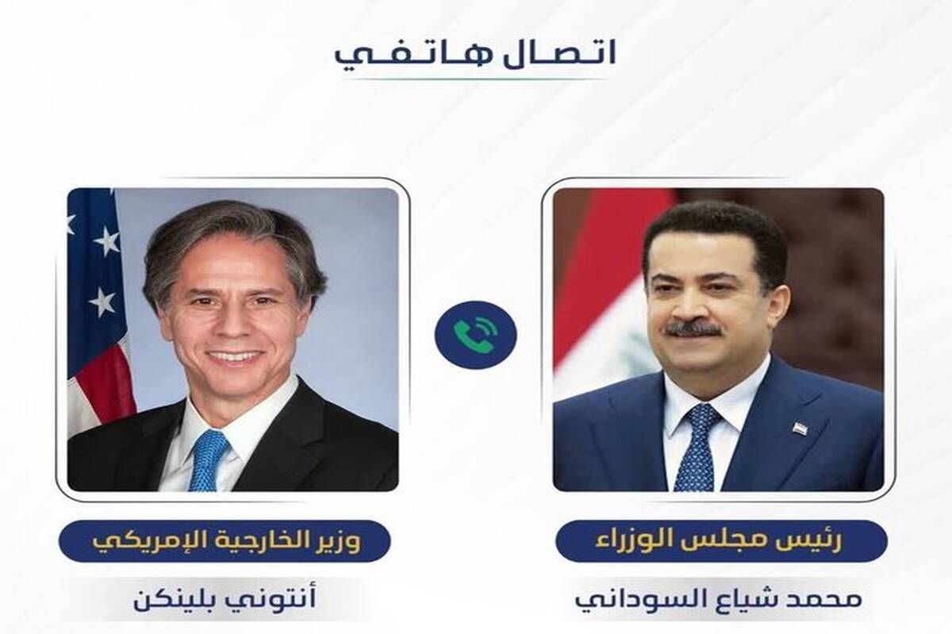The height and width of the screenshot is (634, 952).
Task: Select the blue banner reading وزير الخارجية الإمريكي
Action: click(225, 541)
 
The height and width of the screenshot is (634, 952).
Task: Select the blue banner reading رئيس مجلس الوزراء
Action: click(721, 541)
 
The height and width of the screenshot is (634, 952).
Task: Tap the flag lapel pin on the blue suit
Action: click(799, 428)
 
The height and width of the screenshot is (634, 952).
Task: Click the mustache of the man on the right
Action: click(693, 329)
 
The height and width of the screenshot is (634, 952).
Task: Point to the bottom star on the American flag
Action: click(102, 301)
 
